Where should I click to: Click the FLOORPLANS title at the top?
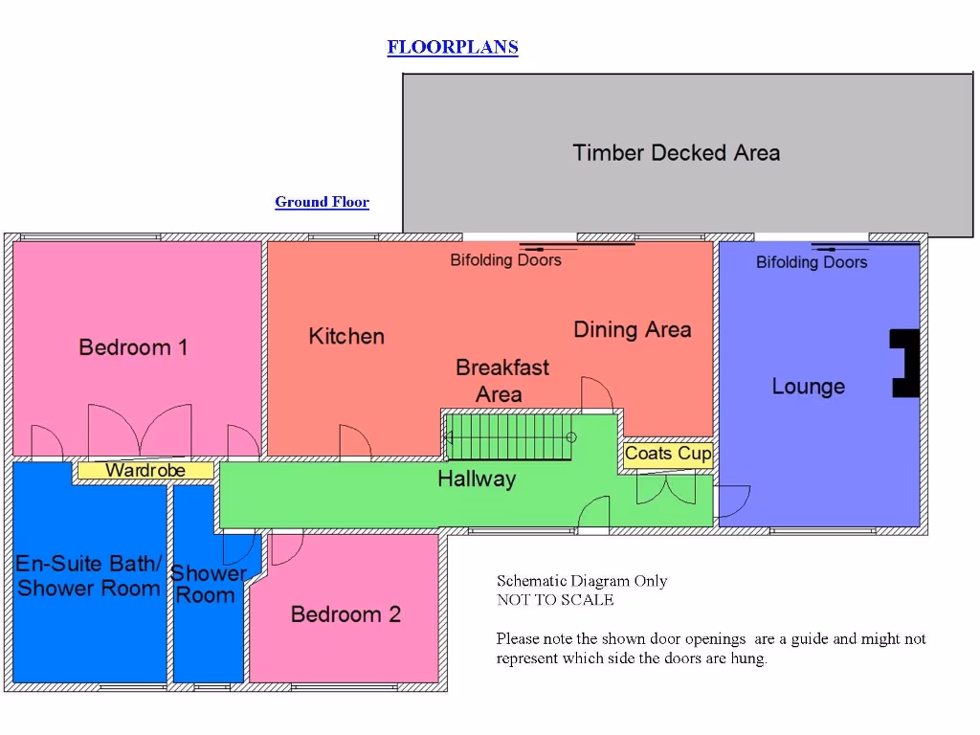point(453,47)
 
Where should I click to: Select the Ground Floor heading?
point(322,202)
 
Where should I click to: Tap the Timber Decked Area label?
point(676,152)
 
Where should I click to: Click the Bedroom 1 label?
point(133,347)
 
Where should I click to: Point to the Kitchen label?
point(346,336)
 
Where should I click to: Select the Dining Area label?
point(632,329)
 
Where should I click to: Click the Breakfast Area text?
point(501,380)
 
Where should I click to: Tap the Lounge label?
point(809,387)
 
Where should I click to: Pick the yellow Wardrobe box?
point(145,470)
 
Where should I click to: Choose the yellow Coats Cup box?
point(668,454)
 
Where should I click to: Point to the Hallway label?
point(477,479)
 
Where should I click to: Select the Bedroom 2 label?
point(345,614)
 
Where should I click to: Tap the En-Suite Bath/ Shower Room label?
point(89,575)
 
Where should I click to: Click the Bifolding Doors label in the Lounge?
point(812,262)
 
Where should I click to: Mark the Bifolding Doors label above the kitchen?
point(505,259)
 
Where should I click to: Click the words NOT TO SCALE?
point(555,600)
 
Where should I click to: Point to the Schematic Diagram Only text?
point(582,581)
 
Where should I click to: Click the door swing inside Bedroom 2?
point(285,549)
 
